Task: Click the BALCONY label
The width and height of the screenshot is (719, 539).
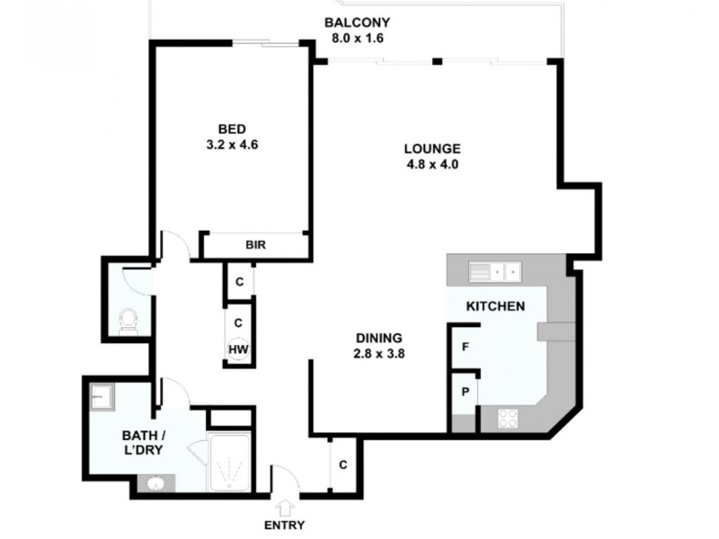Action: point(357,22)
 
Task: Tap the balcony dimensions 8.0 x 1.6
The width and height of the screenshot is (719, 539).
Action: point(357,39)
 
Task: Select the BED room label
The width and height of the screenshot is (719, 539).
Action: point(232,128)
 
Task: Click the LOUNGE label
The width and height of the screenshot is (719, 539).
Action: point(432,148)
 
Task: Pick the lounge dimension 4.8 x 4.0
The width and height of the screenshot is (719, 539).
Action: point(432,164)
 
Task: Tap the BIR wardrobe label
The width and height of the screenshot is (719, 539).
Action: point(256,245)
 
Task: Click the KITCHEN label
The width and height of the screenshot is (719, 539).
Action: point(495,306)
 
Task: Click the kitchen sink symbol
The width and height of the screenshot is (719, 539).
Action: point(494,269)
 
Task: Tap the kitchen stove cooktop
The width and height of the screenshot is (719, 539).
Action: point(508,419)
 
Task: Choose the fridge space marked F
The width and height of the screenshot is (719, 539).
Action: point(466,347)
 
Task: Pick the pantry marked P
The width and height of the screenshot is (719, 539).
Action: point(466,392)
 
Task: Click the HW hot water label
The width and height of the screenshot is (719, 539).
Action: point(238,349)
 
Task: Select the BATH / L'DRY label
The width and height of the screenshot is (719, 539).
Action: point(145,445)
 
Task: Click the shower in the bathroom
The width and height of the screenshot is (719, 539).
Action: point(232,464)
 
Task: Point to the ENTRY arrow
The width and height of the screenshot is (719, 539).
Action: point(286,508)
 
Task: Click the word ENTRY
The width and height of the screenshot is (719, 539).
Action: point(285,526)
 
